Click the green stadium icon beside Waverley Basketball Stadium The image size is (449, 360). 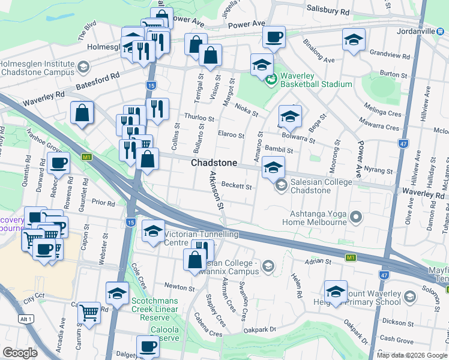point(271,78)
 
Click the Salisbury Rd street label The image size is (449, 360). point(327,11)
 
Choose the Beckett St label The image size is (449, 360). point(237,186)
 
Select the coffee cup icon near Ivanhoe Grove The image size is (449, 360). point(58,163)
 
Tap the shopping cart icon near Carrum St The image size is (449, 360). point(89,311)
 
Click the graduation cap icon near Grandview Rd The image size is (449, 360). point(354,40)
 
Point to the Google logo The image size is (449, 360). point(20,353)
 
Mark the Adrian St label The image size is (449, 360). point(318,262)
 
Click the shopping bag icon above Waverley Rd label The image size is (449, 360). point(82,113)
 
